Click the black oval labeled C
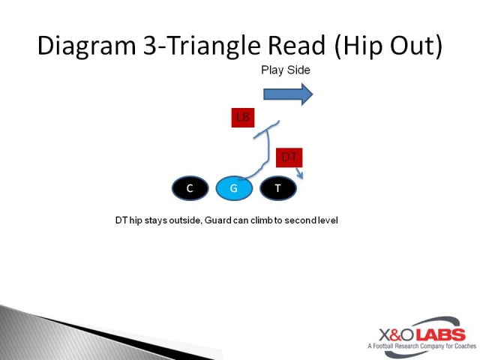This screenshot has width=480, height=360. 190,188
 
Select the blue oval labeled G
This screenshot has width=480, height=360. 234,188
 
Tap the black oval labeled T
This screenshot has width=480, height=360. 278,188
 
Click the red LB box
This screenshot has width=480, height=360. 242,117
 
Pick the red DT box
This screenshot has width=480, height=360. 289,157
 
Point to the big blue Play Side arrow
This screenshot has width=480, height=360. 287,94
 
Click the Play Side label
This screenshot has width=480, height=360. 285,70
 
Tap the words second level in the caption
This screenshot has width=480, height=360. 316,220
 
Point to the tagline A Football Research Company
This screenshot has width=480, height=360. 415,346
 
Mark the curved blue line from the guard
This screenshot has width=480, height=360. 266,154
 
